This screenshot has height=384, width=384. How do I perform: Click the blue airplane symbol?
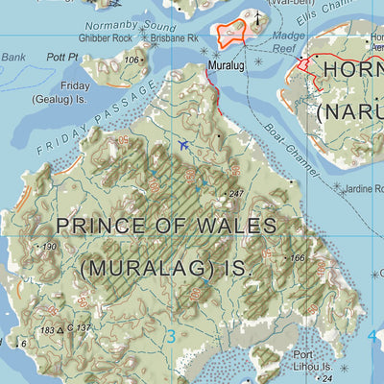pos(183,145)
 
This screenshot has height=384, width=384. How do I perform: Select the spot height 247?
pos(235,194)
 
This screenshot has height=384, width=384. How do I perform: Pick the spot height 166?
pos(297,258)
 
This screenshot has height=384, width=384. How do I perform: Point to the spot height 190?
pos(49,247)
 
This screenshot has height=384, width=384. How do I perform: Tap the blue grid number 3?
pos(171,336)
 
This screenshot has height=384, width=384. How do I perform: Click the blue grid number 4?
pos(372,336)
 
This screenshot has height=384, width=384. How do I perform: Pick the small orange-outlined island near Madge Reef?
pos(231,35)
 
